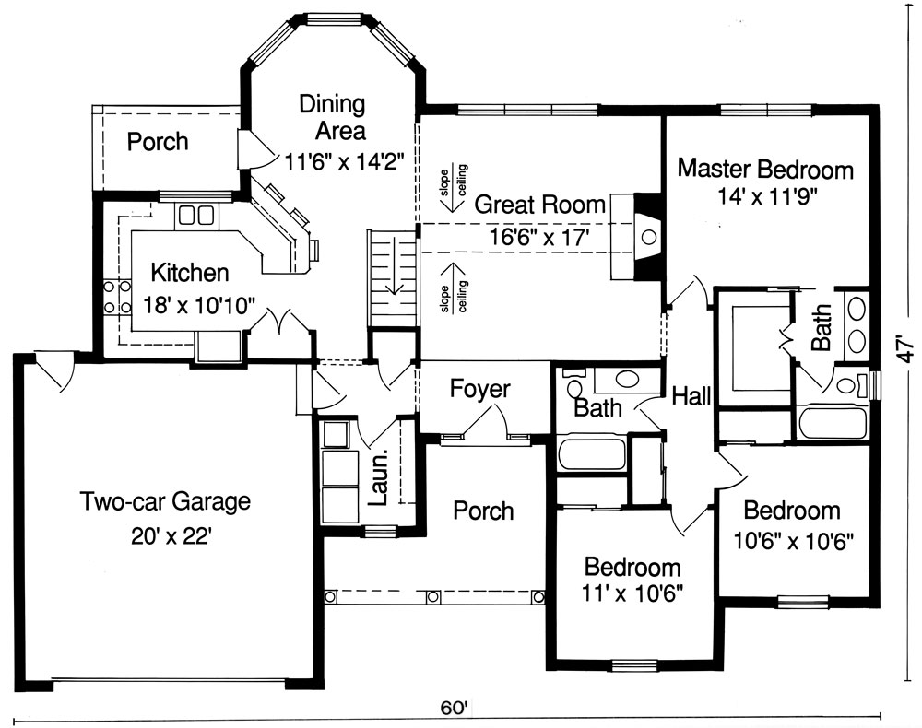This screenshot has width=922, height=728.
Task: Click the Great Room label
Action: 539,205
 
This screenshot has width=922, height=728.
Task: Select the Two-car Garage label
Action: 165,502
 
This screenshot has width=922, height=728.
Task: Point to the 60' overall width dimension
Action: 454,707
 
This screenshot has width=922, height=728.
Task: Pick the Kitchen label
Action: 190,273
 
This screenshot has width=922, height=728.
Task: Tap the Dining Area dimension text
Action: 345,160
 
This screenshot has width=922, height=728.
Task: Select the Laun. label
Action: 379,477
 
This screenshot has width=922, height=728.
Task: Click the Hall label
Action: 691,396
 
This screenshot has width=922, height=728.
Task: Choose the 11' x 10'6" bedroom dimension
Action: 632,594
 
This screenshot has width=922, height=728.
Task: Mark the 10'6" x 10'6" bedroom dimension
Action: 793,541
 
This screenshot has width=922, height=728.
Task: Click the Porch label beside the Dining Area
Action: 158,142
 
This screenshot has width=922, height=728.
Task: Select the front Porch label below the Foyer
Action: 483,511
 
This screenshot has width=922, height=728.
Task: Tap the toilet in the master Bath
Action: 850,385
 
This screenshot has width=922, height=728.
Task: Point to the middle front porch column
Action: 433,597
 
